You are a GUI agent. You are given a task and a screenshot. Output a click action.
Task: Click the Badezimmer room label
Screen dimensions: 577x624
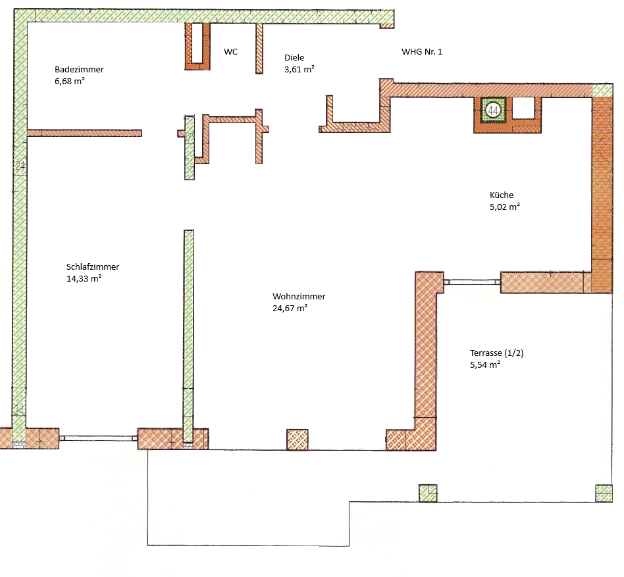[79, 69]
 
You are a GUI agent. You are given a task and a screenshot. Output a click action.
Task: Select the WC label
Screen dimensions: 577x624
[230, 51]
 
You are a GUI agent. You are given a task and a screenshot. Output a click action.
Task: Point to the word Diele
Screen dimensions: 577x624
[294, 57]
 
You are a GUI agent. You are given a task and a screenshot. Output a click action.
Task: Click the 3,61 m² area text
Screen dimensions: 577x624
[299, 69]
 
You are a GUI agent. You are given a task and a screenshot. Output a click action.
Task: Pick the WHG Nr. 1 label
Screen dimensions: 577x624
[422, 51]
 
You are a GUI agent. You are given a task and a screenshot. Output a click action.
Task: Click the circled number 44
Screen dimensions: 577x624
[492, 111]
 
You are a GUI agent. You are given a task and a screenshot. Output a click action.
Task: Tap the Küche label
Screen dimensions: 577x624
[501, 195]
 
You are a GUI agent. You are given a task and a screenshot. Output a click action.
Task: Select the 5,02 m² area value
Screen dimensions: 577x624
[505, 207]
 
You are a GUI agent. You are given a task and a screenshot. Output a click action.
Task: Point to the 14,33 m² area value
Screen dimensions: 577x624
[84, 278]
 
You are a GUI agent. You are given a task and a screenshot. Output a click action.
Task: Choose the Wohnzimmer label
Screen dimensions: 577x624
[299, 296]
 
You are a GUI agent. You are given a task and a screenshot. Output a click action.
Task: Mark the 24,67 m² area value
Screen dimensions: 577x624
[290, 308]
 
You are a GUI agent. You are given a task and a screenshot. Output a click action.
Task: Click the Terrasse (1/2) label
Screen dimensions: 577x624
[496, 353]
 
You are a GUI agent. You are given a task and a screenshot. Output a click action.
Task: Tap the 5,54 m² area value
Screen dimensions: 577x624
[485, 364]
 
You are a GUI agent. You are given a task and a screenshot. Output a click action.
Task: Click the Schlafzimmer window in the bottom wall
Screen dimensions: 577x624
[99, 437]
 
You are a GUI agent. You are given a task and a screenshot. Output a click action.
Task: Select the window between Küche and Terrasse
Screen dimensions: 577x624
[471, 282]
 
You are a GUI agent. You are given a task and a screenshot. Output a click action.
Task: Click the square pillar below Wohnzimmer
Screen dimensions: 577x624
[298, 439]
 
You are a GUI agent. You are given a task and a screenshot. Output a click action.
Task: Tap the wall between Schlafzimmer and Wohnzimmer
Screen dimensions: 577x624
[189, 329]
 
